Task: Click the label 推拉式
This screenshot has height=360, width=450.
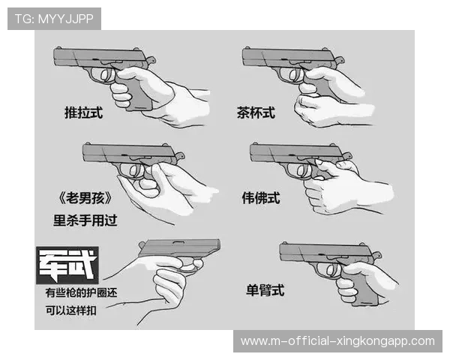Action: (82, 113)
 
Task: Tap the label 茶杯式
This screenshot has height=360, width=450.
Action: (256, 113)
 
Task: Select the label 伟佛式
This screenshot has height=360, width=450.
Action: (260, 198)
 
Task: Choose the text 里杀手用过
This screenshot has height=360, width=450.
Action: (85, 220)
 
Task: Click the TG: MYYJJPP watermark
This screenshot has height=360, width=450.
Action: (54, 19)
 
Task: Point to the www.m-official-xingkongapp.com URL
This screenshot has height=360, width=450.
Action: (337, 341)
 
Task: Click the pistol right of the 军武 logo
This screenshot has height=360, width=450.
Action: (180, 251)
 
